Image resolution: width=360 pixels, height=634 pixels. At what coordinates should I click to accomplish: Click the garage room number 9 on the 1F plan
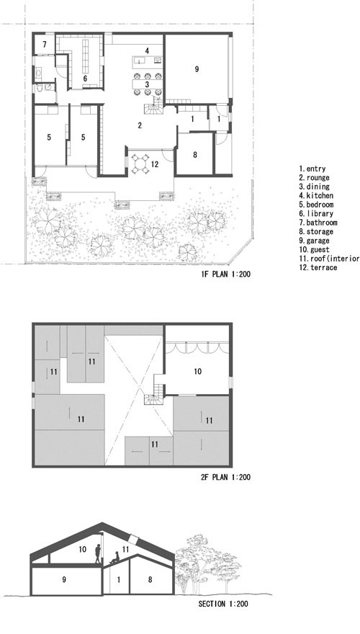point(197,68)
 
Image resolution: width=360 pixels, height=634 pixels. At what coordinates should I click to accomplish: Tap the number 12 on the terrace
point(154,164)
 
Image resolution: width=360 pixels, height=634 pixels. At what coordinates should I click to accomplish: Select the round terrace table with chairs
point(140,164)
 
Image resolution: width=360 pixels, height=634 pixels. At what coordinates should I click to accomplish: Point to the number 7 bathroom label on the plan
point(44,44)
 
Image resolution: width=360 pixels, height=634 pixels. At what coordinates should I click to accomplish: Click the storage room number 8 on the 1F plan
point(194,154)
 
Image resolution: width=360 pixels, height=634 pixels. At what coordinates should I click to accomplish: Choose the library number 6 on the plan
point(85,79)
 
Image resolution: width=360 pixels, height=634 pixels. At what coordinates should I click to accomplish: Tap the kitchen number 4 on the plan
point(148,51)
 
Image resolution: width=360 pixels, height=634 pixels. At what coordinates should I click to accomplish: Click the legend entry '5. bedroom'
point(316,204)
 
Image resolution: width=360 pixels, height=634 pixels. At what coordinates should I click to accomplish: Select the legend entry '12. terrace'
point(318,267)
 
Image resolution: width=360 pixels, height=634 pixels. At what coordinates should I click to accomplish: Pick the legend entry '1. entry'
point(312,169)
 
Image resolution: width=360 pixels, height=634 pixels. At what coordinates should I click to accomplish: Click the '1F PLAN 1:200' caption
point(226,274)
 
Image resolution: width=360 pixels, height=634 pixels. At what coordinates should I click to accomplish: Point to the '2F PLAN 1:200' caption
point(226,477)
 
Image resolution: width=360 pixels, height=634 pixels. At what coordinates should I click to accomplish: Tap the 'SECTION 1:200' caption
point(223,604)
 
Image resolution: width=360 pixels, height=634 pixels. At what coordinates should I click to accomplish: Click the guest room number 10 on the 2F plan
point(197,371)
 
